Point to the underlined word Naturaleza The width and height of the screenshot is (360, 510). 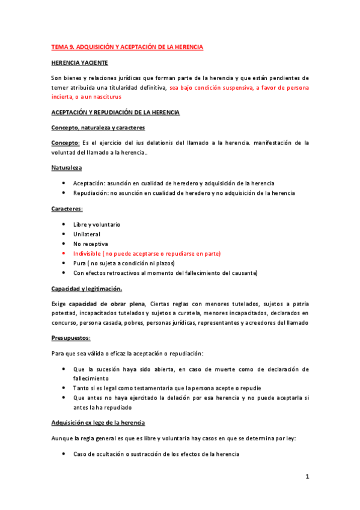[67, 167]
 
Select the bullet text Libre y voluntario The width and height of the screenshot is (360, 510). [97, 224]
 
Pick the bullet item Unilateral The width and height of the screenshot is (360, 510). [87, 234]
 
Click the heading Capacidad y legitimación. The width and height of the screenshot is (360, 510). [87, 289]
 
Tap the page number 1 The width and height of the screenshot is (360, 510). [307, 477]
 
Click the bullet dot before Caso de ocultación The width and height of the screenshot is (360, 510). [64, 454]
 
